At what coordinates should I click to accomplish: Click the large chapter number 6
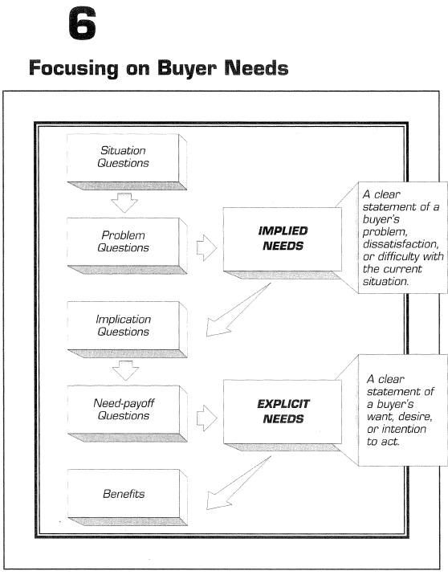click(x=83, y=24)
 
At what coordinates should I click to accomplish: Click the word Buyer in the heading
click(x=187, y=68)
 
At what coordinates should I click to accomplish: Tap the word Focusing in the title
click(x=74, y=68)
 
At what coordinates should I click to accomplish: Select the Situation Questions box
click(x=127, y=161)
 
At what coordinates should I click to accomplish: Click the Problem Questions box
click(x=127, y=246)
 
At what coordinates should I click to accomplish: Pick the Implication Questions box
click(x=127, y=329)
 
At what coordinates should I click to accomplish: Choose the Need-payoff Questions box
click(x=127, y=414)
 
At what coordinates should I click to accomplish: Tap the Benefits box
click(x=127, y=497)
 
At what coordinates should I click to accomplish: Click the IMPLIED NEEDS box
click(x=283, y=243)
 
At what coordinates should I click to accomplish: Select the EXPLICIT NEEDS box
click(x=283, y=415)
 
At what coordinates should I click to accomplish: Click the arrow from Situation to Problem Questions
click(x=124, y=202)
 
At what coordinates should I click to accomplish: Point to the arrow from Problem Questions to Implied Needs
click(x=207, y=248)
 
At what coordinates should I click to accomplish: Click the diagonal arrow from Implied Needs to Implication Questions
click(x=238, y=310)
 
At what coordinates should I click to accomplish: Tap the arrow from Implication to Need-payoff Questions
click(x=125, y=370)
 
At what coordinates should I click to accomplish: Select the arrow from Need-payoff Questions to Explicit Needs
click(x=207, y=418)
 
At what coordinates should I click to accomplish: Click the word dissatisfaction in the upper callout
click(x=401, y=244)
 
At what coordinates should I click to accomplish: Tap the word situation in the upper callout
click(x=385, y=281)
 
